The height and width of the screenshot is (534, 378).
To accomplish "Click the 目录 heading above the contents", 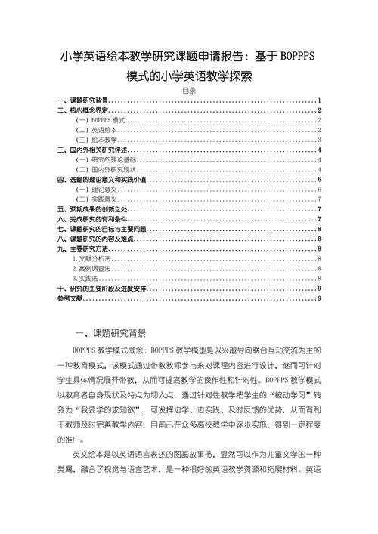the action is (189, 91).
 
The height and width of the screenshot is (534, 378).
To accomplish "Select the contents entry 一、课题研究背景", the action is (83, 100).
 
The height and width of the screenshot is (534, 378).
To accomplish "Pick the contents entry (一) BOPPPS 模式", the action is (101, 120).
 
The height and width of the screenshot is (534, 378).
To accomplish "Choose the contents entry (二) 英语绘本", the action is (96, 130).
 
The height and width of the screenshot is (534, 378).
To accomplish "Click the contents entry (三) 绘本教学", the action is (96, 140).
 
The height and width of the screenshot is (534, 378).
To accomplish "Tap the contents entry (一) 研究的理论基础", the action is (105, 159).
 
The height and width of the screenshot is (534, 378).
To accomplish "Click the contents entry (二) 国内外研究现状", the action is (105, 169).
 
